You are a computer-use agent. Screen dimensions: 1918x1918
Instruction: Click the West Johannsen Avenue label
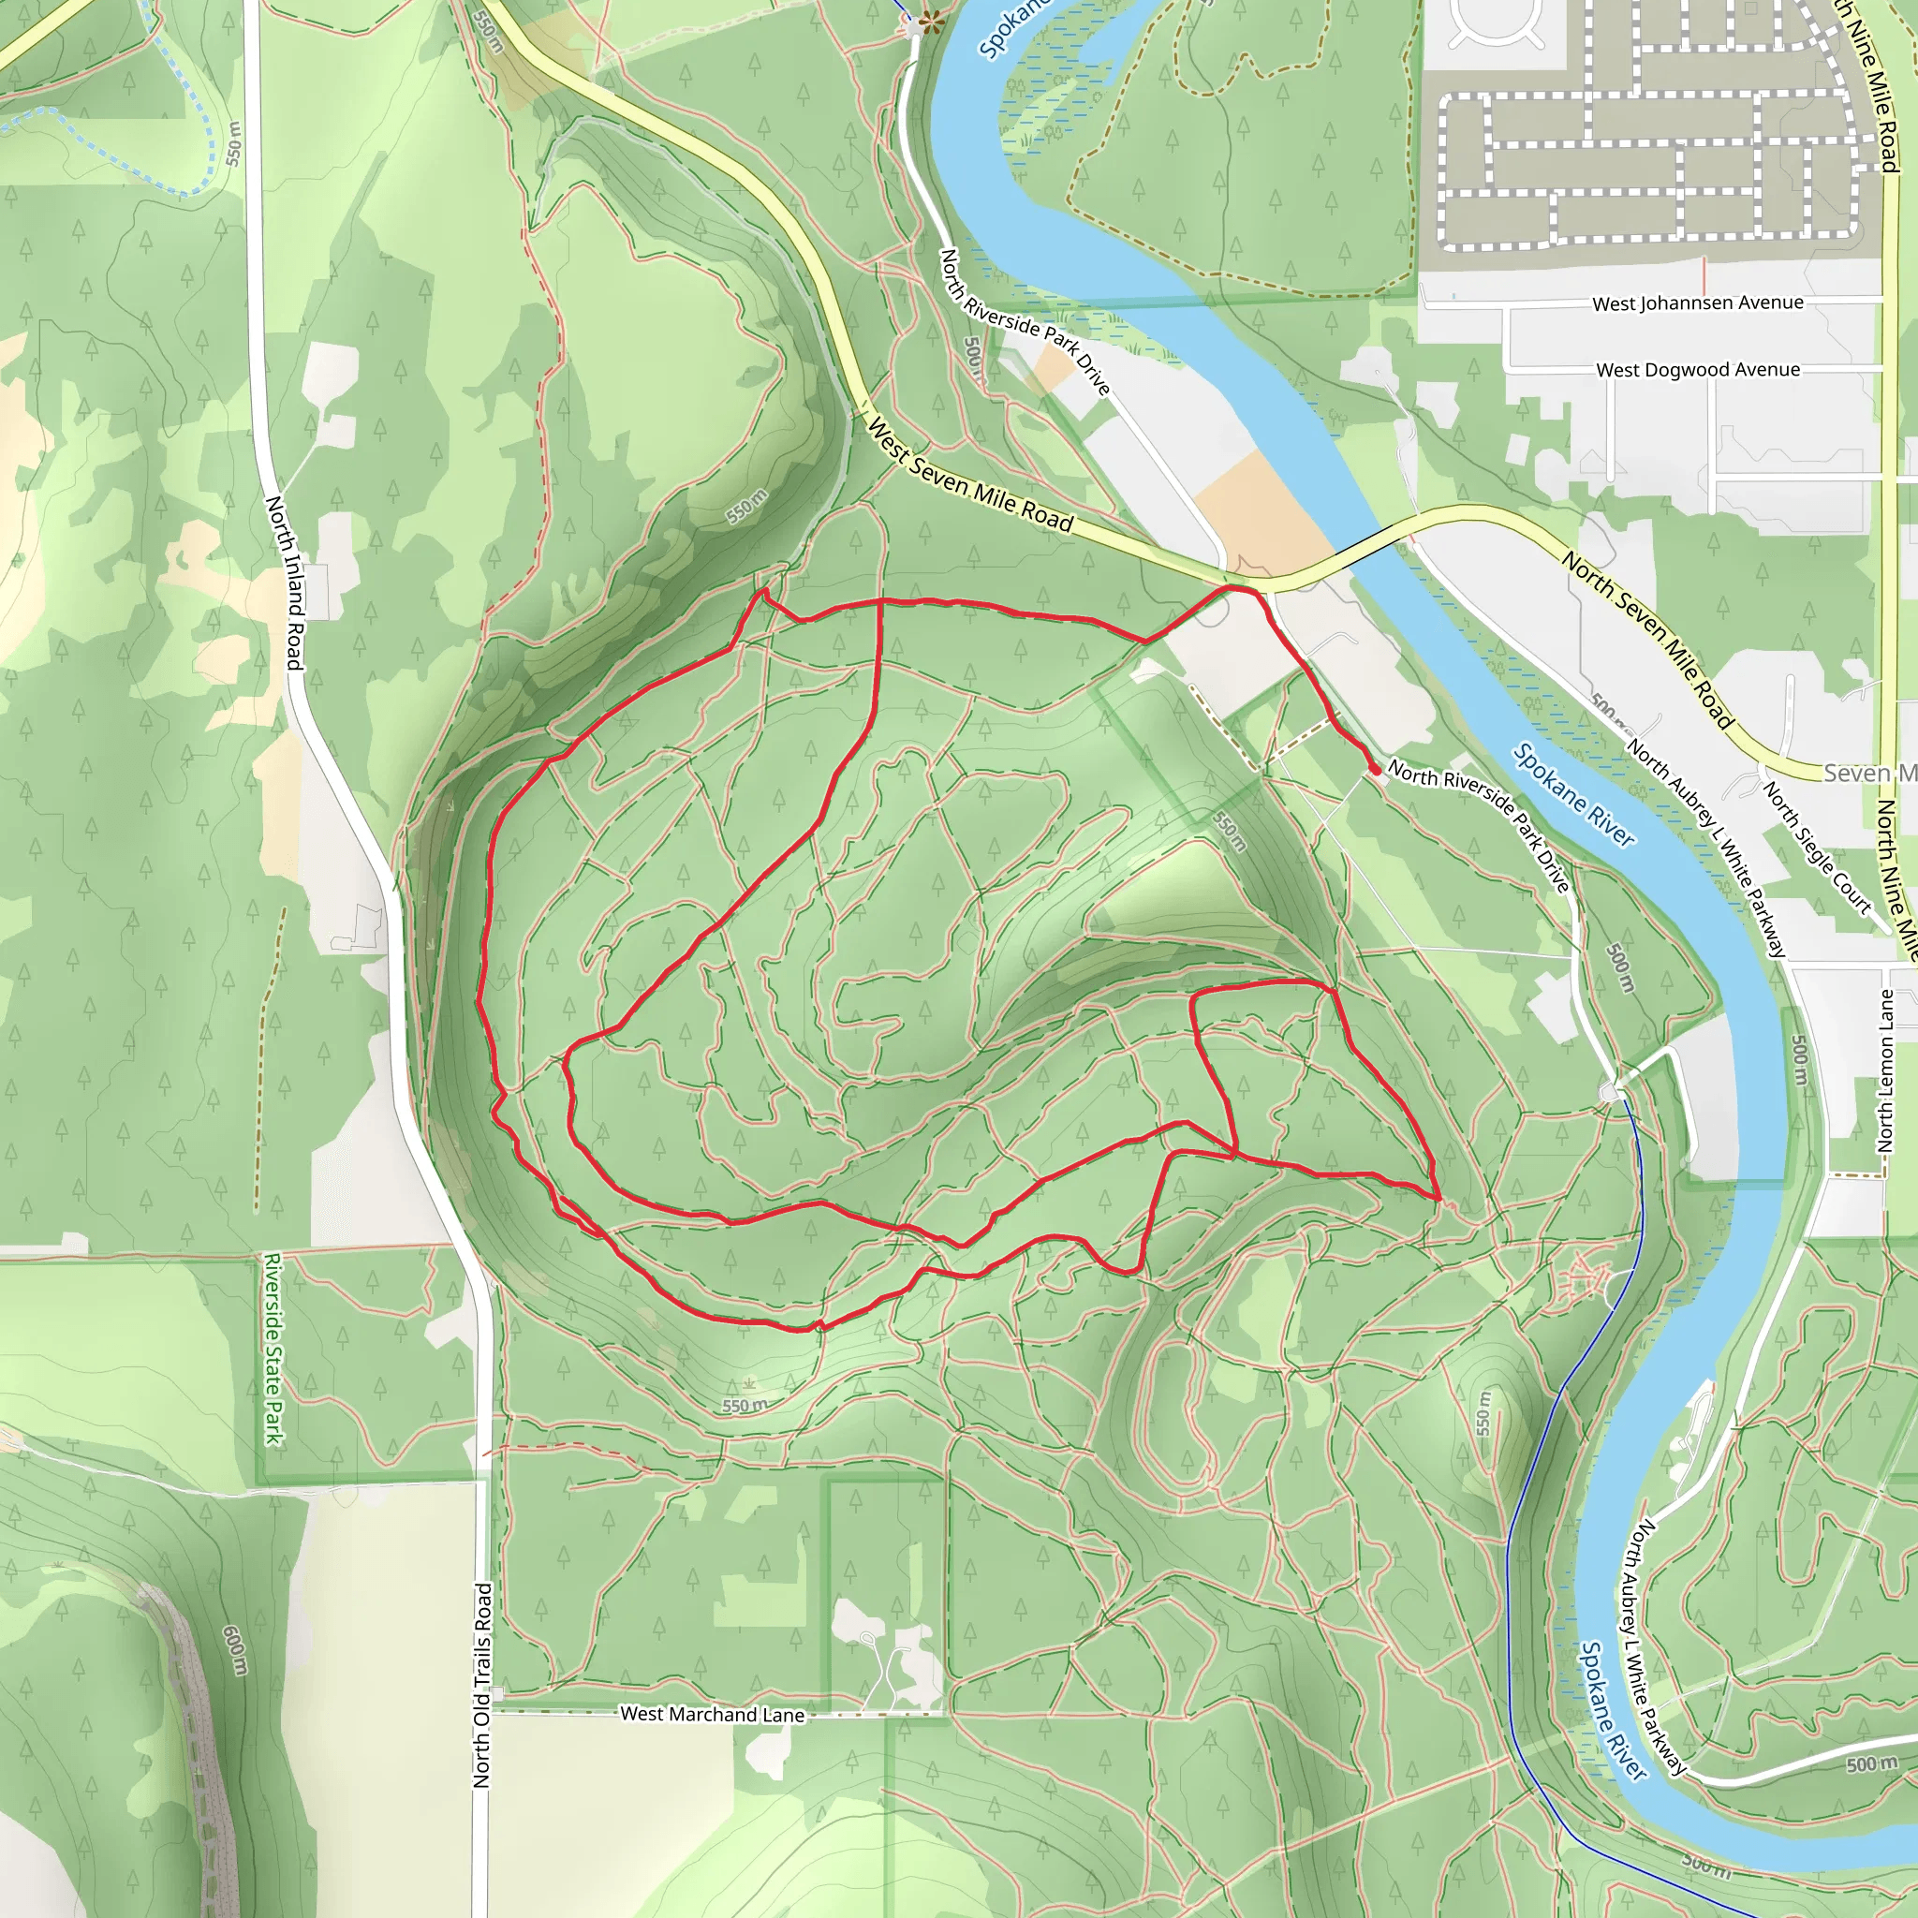(x=1698, y=302)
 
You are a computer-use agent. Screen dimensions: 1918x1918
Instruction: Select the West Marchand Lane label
(x=712, y=1715)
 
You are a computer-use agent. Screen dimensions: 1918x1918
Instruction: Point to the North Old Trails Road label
(x=482, y=1685)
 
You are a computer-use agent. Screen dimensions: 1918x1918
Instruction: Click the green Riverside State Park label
(x=274, y=1350)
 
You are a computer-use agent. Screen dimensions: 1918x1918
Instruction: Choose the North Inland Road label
(x=284, y=583)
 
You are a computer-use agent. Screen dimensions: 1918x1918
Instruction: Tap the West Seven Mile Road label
(x=970, y=476)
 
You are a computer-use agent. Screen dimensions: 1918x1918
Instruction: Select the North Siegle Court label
(x=1816, y=847)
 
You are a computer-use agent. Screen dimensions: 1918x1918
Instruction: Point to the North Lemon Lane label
(x=1886, y=1071)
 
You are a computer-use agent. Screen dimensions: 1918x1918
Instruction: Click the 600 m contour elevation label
(x=235, y=1649)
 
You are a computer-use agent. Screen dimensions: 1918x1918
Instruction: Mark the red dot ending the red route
(x=1375, y=770)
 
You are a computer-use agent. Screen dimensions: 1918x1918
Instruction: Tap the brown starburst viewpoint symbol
(x=930, y=19)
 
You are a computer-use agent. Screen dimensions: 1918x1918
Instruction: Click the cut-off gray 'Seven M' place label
(x=1868, y=774)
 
